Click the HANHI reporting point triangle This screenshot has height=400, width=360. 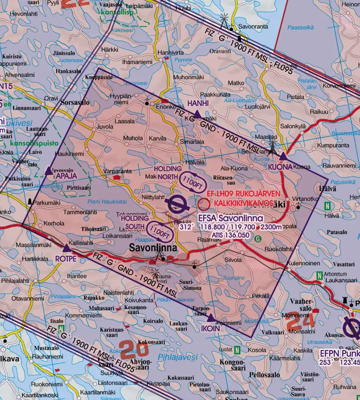pyautogui.click(x=197, y=115)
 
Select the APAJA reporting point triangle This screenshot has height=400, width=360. pyautogui.click(x=49, y=171)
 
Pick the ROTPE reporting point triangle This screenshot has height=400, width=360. pyautogui.click(x=67, y=249)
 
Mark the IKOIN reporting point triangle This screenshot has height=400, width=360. pyautogui.click(x=211, y=318)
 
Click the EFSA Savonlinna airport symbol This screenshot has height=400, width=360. pyautogui.click(x=176, y=204)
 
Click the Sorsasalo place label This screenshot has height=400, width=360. pyautogui.click(x=75, y=102)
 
